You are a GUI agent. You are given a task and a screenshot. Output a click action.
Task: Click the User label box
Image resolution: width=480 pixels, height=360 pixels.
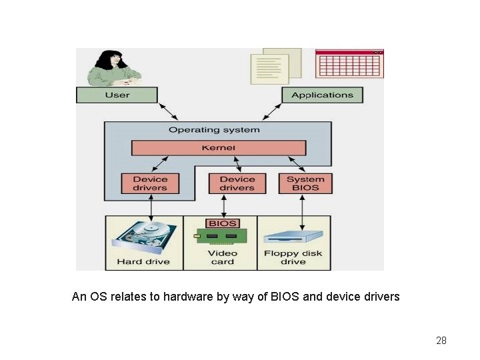(x=117, y=95)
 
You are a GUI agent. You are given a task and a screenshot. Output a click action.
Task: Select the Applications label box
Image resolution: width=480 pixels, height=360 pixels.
(x=322, y=95)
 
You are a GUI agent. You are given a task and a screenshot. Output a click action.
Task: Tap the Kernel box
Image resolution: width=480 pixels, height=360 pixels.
(x=218, y=147)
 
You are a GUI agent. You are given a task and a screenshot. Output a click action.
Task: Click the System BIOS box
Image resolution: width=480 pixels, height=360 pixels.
(x=305, y=183)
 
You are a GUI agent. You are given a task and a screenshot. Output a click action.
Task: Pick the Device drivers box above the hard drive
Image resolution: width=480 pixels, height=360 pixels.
(x=150, y=183)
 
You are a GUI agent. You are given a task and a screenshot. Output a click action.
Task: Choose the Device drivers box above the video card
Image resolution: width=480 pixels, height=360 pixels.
(x=237, y=183)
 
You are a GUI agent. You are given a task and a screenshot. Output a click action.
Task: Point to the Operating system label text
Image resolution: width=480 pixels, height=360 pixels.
(x=214, y=130)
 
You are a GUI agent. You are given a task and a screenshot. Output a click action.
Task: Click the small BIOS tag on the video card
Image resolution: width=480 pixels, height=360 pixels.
(x=223, y=223)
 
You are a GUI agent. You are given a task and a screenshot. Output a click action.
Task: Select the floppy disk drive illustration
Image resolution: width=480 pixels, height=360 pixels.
(x=293, y=238)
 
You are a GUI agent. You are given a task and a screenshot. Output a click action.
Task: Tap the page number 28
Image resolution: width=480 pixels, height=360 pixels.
(x=441, y=341)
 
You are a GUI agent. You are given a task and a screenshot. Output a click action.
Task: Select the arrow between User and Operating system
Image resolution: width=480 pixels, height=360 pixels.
(x=167, y=111)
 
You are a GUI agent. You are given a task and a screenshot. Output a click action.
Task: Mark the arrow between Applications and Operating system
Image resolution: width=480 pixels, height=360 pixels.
(x=275, y=111)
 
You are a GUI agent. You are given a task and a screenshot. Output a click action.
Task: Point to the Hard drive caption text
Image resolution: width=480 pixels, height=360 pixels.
(x=143, y=261)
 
